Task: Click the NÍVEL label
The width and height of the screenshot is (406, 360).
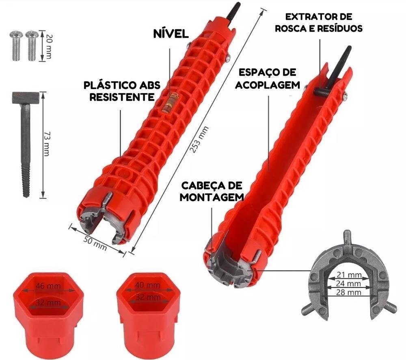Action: pyautogui.click(x=171, y=34)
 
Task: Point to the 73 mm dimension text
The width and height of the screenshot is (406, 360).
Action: pyautogui.click(x=46, y=144)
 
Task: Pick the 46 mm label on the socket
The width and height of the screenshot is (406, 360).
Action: pyautogui.click(x=48, y=286)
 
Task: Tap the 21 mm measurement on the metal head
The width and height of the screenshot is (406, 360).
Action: pyautogui.click(x=349, y=275)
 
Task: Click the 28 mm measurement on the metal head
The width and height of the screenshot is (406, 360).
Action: pyautogui.click(x=349, y=293)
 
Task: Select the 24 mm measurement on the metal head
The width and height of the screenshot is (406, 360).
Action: pyautogui.click(x=349, y=284)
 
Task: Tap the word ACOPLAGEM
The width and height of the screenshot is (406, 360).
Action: pyautogui.click(x=268, y=85)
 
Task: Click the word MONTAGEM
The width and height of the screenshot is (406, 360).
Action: pyautogui.click(x=212, y=197)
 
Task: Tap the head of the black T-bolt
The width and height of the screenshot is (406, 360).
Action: pyautogui.click(x=25, y=98)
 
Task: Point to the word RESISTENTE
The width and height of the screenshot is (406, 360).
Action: pyautogui.click(x=122, y=97)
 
